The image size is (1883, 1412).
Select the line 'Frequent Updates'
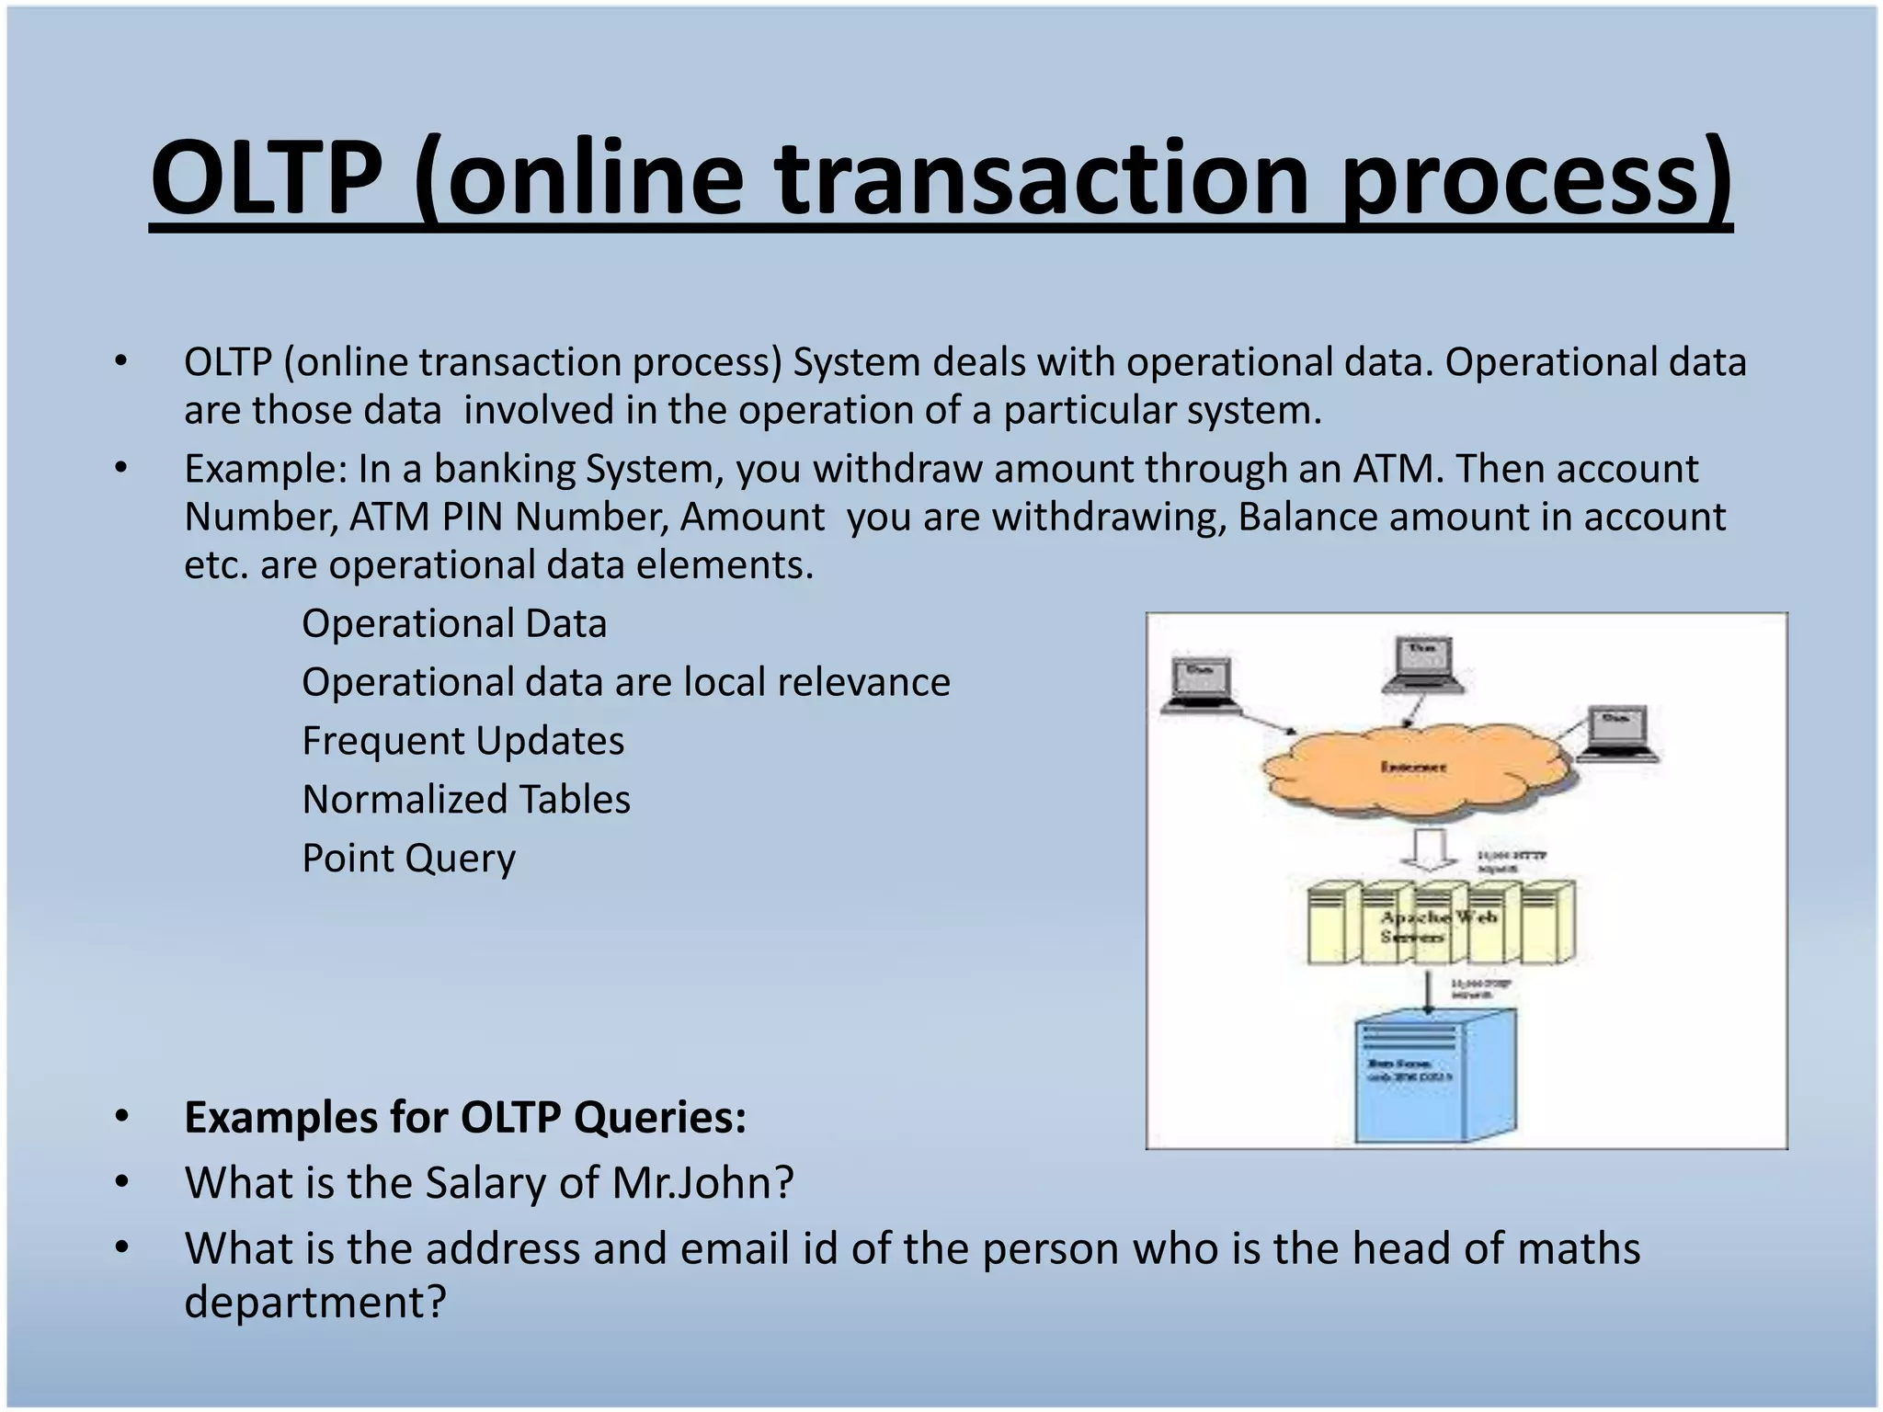point(462,741)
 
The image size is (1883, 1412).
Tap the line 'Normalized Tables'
point(466,800)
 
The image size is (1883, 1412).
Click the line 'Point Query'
point(408,859)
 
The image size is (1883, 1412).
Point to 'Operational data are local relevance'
point(625,682)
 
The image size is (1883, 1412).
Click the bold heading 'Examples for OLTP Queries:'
point(465,1118)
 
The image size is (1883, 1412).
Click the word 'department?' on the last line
point(314,1303)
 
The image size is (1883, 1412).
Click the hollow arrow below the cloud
point(1428,849)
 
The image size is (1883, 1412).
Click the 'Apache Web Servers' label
point(1437,927)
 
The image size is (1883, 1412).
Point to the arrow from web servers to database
point(1427,991)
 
